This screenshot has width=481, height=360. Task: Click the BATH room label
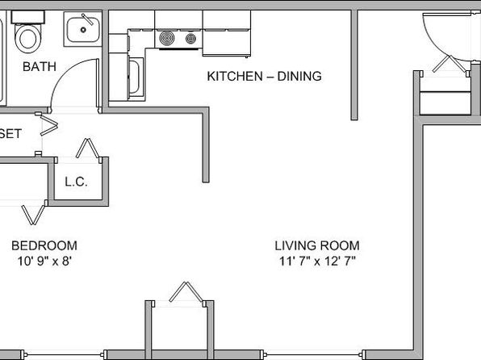click(40, 67)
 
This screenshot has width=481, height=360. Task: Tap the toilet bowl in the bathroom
click(28, 39)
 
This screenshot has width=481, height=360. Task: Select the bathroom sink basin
click(83, 30)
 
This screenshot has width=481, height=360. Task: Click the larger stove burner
click(167, 39)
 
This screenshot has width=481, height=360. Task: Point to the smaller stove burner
click(190, 39)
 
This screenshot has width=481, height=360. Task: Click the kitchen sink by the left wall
click(136, 77)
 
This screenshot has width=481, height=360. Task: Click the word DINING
click(299, 76)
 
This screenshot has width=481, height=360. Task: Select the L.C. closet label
click(76, 182)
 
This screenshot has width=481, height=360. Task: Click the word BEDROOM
click(44, 245)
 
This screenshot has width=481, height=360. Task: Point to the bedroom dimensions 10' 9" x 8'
click(44, 262)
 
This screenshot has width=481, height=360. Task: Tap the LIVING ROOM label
click(317, 245)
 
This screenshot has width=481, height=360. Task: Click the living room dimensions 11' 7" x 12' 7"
click(317, 262)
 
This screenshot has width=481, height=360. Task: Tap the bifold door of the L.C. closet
click(88, 149)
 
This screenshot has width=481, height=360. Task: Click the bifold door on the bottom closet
click(186, 292)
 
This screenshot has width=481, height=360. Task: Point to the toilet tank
click(28, 17)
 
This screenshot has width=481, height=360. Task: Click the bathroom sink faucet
click(87, 19)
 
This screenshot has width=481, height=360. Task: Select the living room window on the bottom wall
click(313, 355)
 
